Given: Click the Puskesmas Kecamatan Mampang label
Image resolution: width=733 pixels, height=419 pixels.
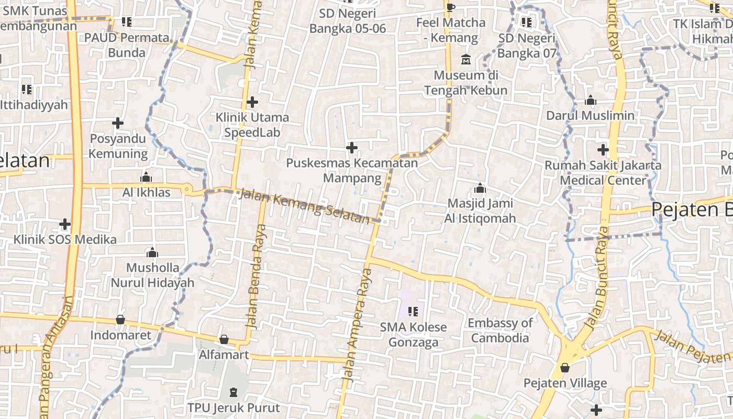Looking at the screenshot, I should (x=352, y=170).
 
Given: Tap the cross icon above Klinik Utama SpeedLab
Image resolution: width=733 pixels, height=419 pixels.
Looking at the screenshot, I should (x=252, y=102).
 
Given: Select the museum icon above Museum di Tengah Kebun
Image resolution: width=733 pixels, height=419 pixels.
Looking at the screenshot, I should (x=465, y=59).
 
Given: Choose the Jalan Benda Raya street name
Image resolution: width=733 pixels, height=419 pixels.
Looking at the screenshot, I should (x=256, y=276).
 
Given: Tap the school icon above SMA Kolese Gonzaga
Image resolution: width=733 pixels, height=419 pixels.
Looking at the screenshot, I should (x=413, y=312).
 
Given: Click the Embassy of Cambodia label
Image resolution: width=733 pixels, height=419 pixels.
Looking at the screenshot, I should (x=500, y=330).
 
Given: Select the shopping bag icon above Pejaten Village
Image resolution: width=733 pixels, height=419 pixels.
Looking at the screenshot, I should (x=565, y=367).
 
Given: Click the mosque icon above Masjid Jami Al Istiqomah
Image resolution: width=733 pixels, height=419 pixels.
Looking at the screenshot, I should (x=480, y=189).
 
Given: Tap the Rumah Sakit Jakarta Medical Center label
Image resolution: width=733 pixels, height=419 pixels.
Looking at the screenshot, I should (x=603, y=173).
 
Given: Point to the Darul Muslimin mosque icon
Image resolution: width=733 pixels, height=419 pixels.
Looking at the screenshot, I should (x=590, y=100).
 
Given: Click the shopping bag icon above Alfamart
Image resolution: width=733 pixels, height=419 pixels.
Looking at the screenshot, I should (x=224, y=339).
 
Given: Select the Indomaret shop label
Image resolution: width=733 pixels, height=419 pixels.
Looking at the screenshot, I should (x=120, y=335).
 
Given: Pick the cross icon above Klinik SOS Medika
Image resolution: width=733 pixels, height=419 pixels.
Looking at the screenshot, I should (x=65, y=224).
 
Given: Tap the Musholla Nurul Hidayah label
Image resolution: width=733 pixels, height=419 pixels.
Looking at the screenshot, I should (x=152, y=275).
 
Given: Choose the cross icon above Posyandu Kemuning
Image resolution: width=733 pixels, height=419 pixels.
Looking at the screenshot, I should (x=118, y=123).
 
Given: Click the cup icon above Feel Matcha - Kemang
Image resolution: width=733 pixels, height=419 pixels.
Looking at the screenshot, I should (x=451, y=7).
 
